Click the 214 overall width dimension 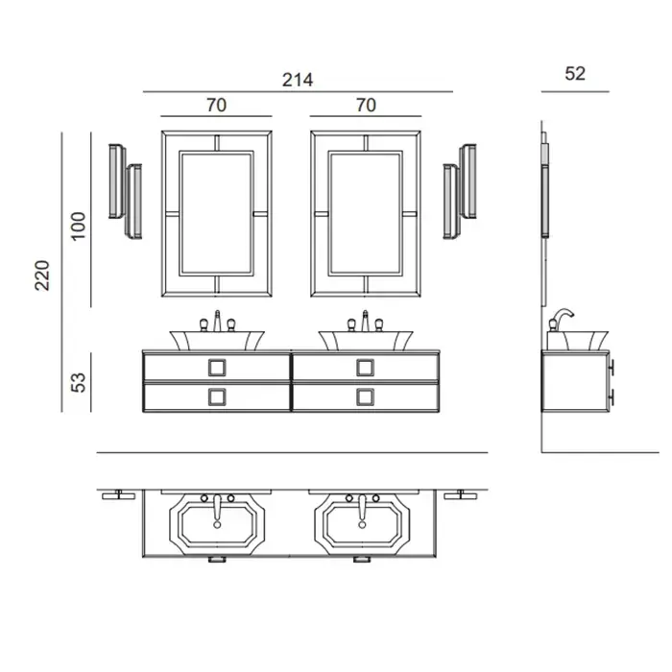click(298, 81)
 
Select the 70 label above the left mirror click(216, 106)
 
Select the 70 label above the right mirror click(365, 106)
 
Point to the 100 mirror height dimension click(79, 224)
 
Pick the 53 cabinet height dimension click(79, 381)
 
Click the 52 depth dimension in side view click(575, 74)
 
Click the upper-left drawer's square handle click(217, 367)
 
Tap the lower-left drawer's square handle click(217, 396)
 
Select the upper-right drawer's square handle click(365, 367)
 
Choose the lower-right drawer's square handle click(365, 396)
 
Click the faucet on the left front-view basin click(217, 322)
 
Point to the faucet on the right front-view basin click(365, 322)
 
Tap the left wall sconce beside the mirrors click(125, 191)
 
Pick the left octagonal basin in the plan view click(217, 524)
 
